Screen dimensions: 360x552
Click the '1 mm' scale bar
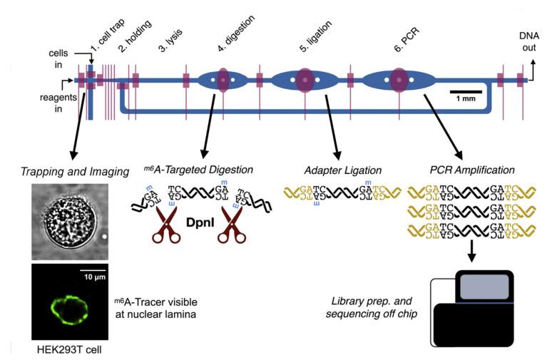coord(466,96)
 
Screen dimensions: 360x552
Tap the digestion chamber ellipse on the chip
coord(223,81)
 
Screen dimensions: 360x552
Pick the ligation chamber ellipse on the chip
coord(305,81)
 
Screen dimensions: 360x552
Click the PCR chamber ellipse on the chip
coord(398,81)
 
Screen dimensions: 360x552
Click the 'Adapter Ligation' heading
coord(338,171)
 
